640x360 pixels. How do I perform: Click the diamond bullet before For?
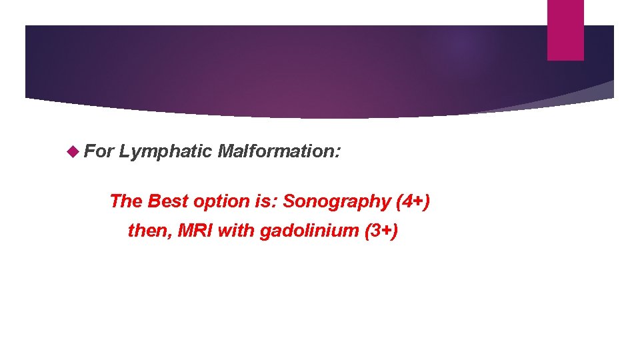click(x=73, y=151)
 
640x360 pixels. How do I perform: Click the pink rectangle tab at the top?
click(x=565, y=29)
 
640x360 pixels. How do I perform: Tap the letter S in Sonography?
click(x=289, y=201)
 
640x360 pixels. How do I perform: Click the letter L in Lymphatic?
click(x=125, y=151)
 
